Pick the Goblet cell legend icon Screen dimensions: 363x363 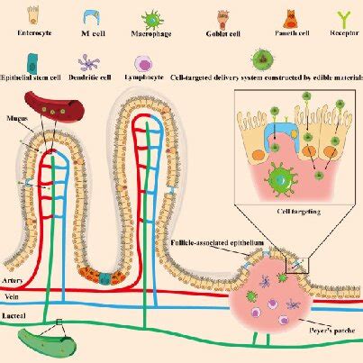(x=222, y=16)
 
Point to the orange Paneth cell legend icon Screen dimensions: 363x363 (x=291, y=16)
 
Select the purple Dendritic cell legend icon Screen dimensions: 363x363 (x=91, y=64)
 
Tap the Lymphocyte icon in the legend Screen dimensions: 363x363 (x=143, y=65)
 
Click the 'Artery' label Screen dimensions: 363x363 (x=14, y=281)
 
